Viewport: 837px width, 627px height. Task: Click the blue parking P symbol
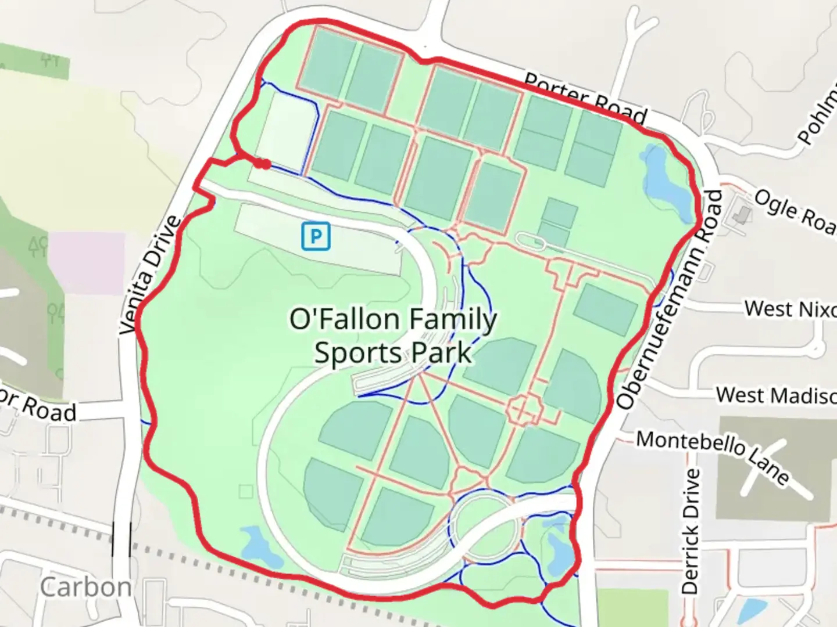316,236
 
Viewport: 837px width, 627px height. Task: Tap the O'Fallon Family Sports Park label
393,337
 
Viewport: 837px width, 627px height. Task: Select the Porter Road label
585,99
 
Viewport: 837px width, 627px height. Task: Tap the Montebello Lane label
712,456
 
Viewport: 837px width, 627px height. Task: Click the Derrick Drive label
690,531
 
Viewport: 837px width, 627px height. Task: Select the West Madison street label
776,396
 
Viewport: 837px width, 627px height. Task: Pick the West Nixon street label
791,309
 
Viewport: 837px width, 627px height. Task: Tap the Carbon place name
86,588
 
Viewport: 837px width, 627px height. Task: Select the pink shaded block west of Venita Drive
87,262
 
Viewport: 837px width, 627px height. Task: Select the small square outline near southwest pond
246,492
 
